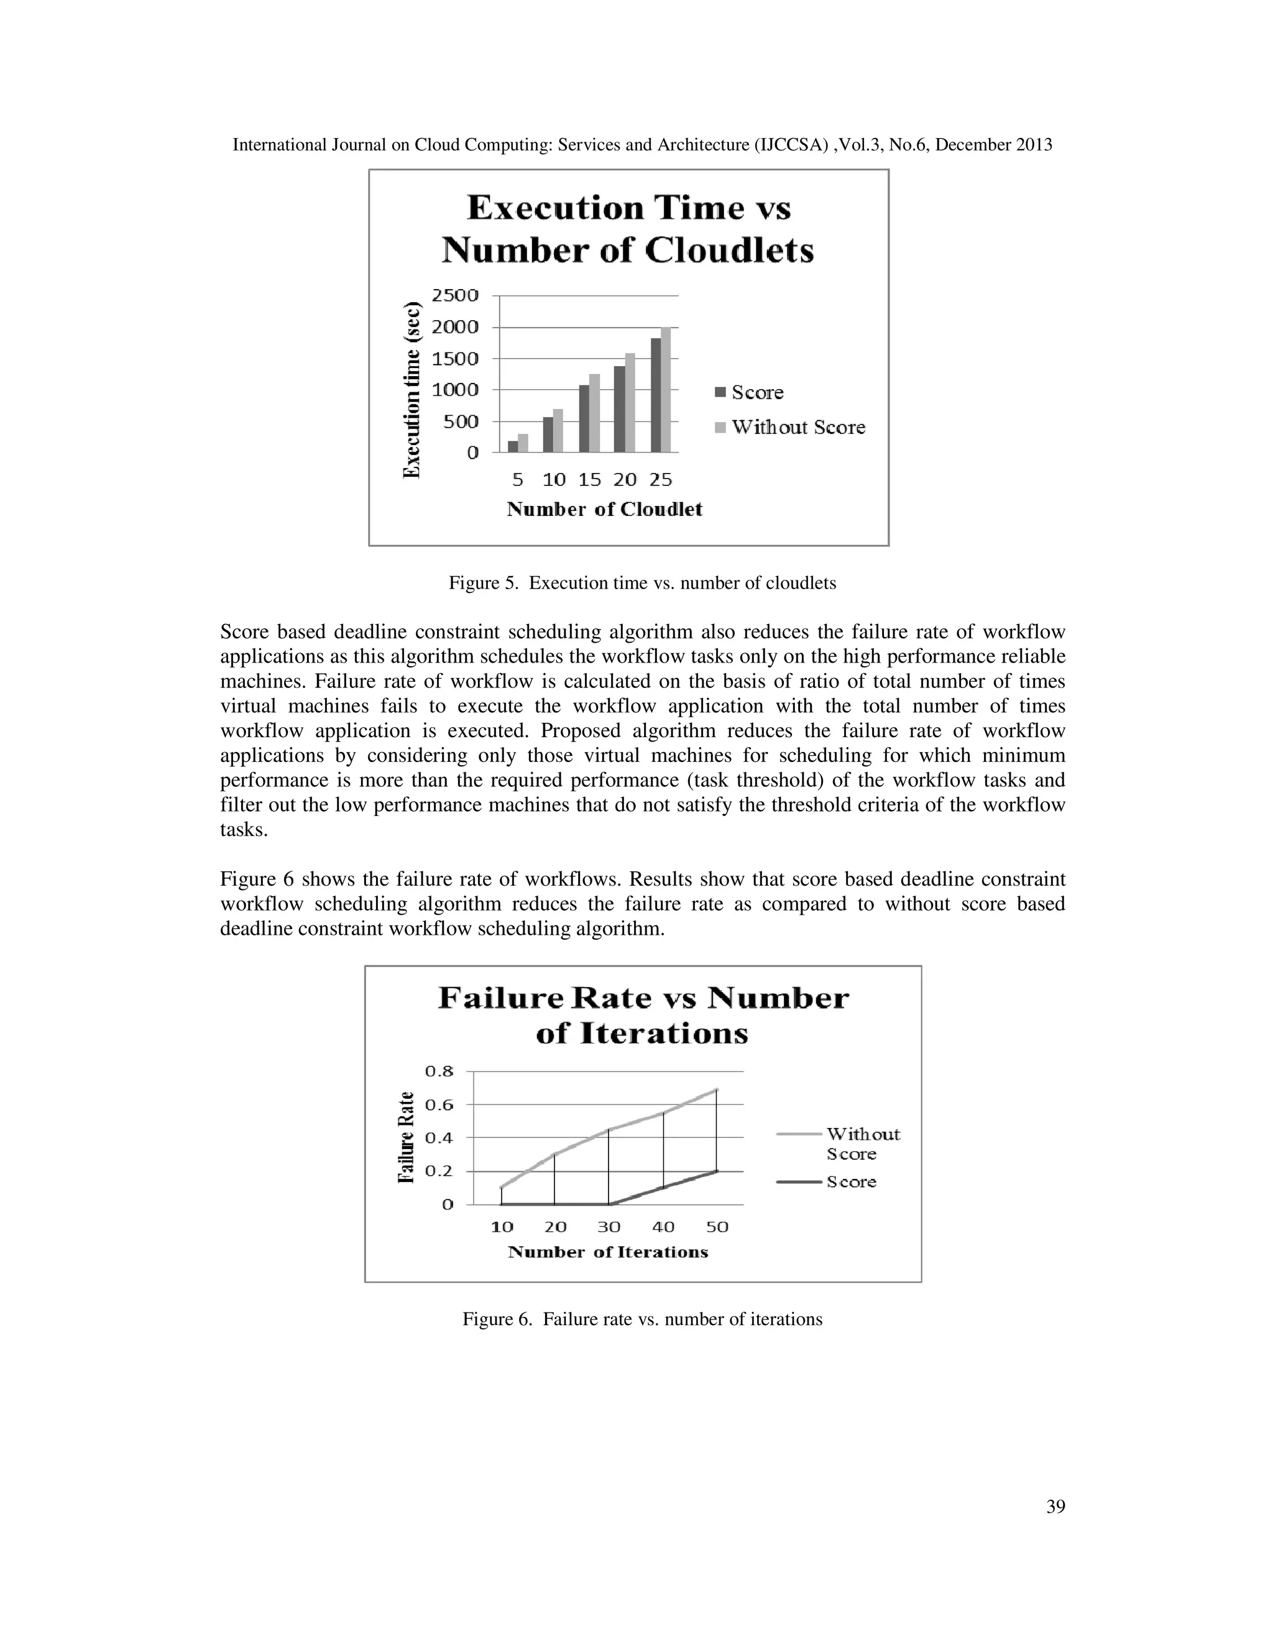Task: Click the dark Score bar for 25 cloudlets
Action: (x=655, y=395)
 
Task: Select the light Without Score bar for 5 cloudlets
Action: (x=523, y=443)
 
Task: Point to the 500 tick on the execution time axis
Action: (x=460, y=421)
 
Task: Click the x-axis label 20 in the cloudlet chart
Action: (x=625, y=480)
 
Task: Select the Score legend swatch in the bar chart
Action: (x=720, y=392)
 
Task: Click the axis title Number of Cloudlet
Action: (x=604, y=510)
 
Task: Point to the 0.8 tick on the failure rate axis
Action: (x=439, y=1071)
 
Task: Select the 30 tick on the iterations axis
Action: (x=609, y=1227)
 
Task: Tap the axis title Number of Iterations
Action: (x=608, y=1252)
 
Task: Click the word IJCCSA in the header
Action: (x=793, y=145)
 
